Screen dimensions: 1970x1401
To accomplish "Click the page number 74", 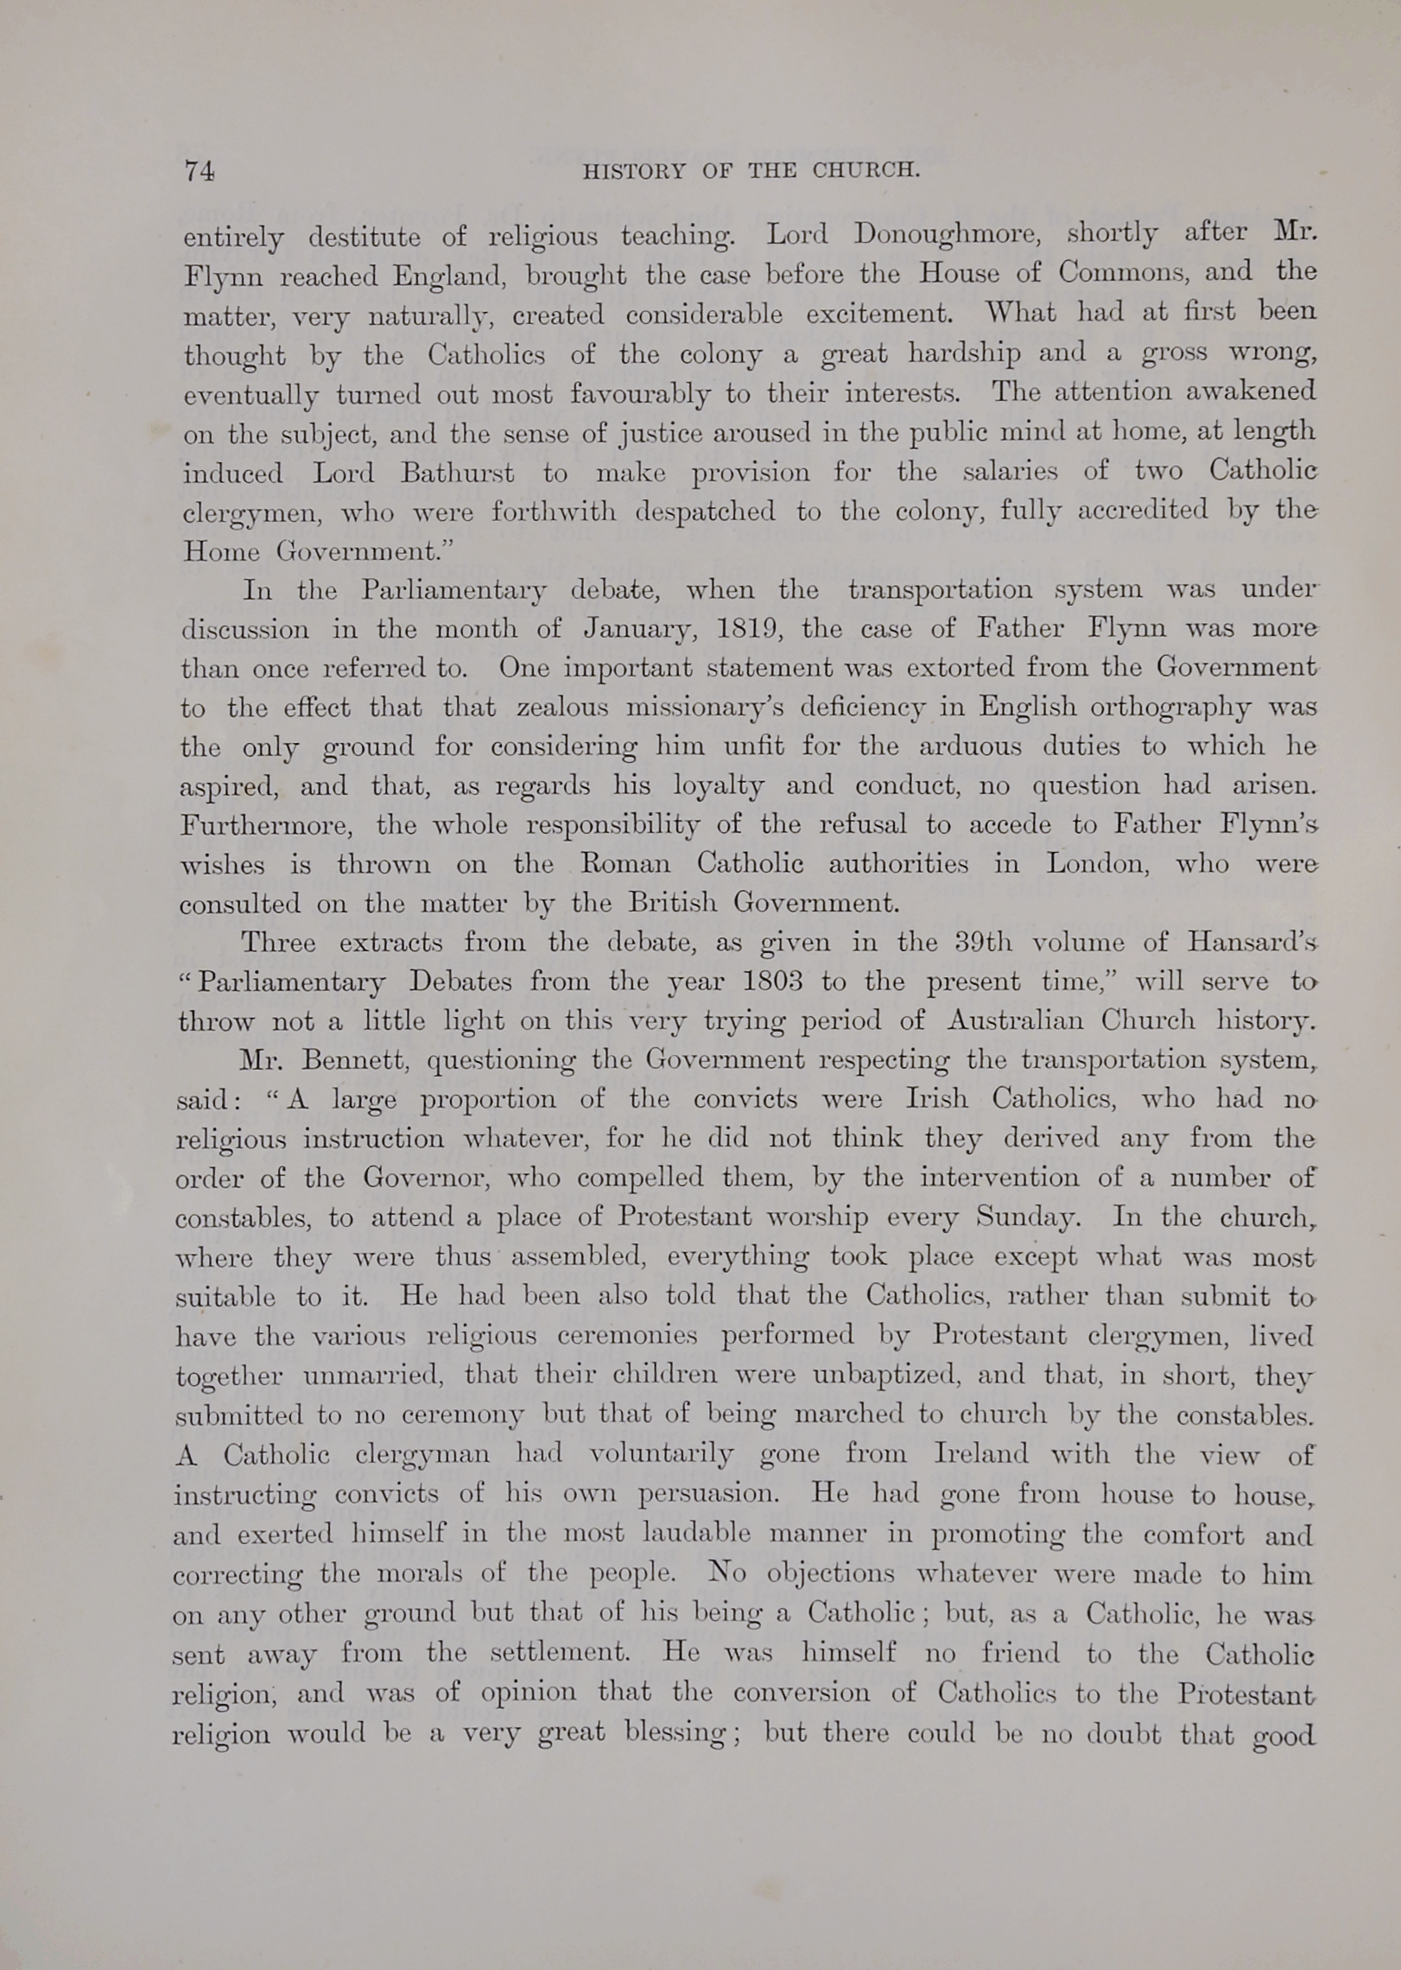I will click(x=199, y=171).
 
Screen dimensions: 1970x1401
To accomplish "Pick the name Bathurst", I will click(x=457, y=473).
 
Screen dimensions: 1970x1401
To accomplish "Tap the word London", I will click(x=1097, y=864).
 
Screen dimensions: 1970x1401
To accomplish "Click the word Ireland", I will click(x=981, y=1454).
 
